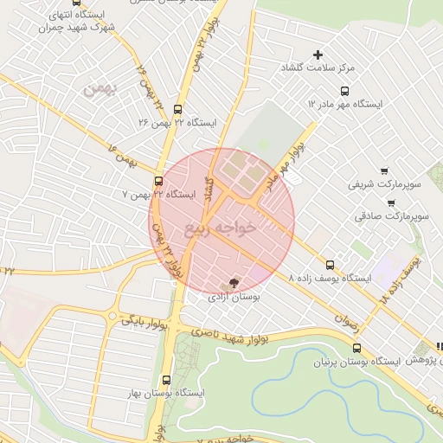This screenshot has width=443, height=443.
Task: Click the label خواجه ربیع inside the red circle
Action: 221,228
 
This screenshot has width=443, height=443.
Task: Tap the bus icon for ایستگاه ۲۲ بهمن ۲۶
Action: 177,109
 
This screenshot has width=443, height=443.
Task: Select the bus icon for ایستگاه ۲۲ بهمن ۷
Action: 157,181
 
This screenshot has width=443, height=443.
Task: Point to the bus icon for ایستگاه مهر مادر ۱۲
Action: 345,90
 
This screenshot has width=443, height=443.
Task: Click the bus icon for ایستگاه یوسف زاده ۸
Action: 330,265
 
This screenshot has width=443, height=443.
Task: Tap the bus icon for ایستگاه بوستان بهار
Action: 166,380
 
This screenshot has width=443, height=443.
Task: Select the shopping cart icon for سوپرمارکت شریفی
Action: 384,171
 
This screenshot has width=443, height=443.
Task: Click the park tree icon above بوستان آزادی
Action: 233,283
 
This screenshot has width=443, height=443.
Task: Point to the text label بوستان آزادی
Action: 234,297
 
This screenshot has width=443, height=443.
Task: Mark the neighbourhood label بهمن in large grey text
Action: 98,89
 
